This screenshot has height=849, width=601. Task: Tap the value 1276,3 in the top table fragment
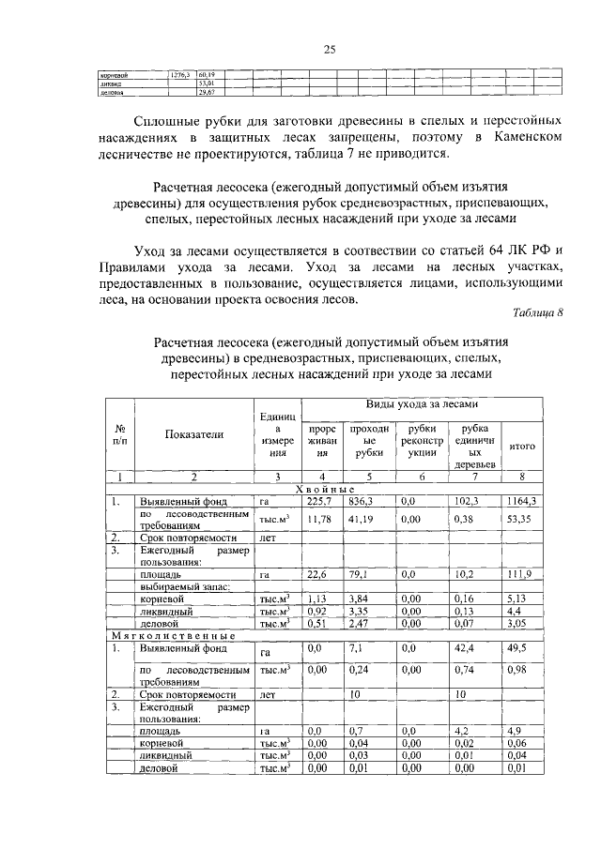[x=179, y=73]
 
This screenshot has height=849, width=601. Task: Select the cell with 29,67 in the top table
[x=207, y=93]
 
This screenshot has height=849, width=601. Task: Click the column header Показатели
[x=194, y=434]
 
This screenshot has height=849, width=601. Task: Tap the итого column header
[x=521, y=447]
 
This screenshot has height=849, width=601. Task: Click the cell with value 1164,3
[x=521, y=501]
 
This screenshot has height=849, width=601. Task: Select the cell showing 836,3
[x=362, y=501]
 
